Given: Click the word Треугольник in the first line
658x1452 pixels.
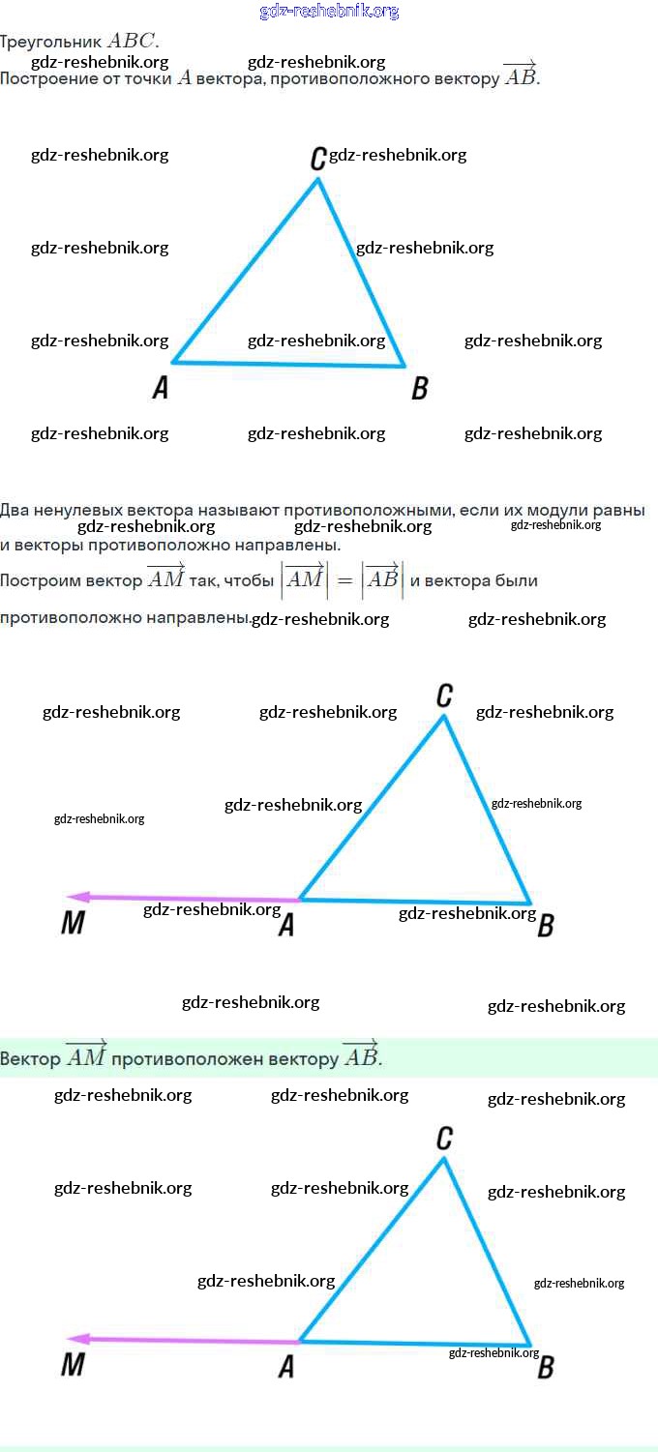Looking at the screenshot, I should click(x=50, y=42).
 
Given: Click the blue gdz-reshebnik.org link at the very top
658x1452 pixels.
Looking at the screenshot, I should click(x=329, y=12).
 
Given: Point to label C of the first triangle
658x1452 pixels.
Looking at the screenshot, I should click(x=317, y=159).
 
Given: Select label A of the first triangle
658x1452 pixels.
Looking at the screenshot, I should click(x=161, y=388).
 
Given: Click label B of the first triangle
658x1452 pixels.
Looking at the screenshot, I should click(x=420, y=389).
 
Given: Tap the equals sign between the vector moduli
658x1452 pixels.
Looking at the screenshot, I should click(x=344, y=581).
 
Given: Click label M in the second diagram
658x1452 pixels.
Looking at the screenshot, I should click(x=73, y=924).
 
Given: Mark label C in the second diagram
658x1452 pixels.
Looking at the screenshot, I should click(x=444, y=695).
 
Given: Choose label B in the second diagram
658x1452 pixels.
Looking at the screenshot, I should click(x=546, y=926).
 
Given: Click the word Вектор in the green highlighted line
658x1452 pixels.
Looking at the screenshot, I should click(x=29, y=1058).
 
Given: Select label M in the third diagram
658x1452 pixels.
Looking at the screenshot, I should click(x=73, y=1365).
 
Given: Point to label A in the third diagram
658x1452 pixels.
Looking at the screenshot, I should click(x=286, y=1366).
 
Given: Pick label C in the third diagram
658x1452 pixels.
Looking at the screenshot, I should click(x=444, y=1138).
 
